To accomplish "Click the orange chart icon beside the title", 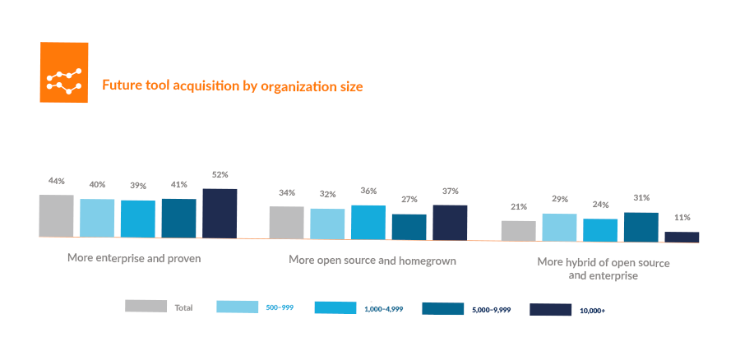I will pyautogui.click(x=64, y=73).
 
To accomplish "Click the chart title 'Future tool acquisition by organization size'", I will pyautogui.click(x=231, y=85).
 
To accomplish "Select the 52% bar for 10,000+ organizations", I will pyautogui.click(x=220, y=214).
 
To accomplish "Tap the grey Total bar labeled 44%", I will pyautogui.click(x=57, y=216).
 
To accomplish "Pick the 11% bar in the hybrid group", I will pyautogui.click(x=682, y=237).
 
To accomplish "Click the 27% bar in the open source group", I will pyautogui.click(x=409, y=226).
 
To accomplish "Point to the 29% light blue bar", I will pyautogui.click(x=559, y=227).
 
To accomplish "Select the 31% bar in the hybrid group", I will pyautogui.click(x=641, y=227).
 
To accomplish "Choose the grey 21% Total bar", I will pyautogui.click(x=518, y=231).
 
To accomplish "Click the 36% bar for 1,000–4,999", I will pyautogui.click(x=368, y=222).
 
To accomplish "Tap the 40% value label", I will pyautogui.click(x=97, y=184).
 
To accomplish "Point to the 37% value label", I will pyautogui.click(x=450, y=192).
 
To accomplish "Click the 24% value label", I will pyautogui.click(x=600, y=205).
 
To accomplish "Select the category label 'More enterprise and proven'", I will pyautogui.click(x=134, y=258).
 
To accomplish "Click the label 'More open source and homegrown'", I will pyautogui.click(x=372, y=260).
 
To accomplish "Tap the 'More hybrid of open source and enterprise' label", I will pyautogui.click(x=603, y=269).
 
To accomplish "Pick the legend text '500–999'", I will pyautogui.click(x=280, y=307).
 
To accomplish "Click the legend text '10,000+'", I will pyautogui.click(x=592, y=311).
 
